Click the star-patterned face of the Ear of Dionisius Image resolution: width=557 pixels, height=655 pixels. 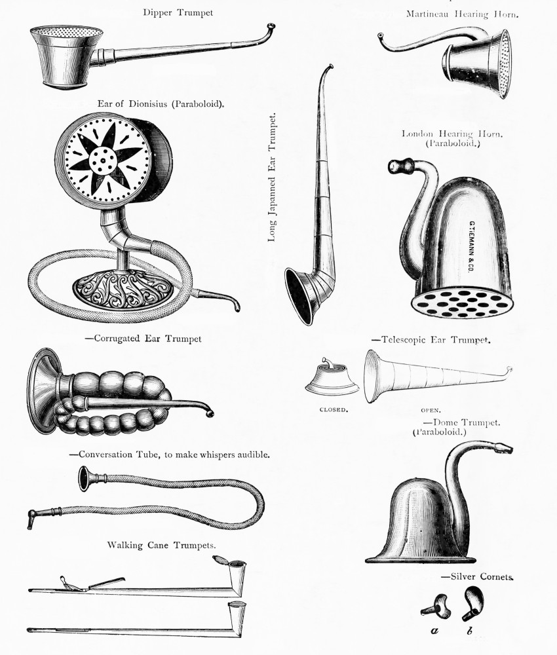pyautogui.click(x=107, y=157)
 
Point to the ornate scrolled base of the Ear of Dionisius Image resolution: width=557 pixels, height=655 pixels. pyautogui.click(x=123, y=288)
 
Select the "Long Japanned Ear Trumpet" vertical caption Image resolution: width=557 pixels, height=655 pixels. pyautogui.click(x=272, y=178)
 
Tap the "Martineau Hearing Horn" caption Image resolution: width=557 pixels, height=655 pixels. pyautogui.click(x=462, y=14)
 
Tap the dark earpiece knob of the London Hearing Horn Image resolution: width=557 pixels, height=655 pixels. pyautogui.click(x=399, y=166)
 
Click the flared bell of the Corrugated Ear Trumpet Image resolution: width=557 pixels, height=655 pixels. pyautogui.click(x=45, y=390)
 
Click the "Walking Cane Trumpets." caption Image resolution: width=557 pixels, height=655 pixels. pyautogui.click(x=161, y=545)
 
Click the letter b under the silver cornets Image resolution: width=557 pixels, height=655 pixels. pyautogui.click(x=470, y=632)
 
